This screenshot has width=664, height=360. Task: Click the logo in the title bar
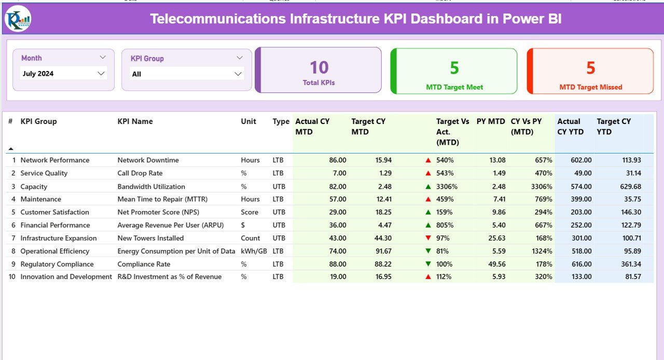click(18, 19)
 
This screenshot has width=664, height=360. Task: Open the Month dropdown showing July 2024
click(64, 74)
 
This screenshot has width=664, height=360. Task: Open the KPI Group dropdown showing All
click(187, 74)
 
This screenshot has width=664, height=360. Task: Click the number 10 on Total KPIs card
click(319, 67)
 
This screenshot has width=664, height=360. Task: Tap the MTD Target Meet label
click(454, 87)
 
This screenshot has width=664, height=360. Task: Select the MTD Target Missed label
click(590, 87)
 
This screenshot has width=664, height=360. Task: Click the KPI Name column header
click(135, 121)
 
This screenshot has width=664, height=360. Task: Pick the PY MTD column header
click(490, 121)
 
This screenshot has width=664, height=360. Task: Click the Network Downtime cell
click(148, 160)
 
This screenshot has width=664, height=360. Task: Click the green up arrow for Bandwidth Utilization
click(428, 186)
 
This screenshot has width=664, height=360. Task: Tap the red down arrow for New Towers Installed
click(428, 238)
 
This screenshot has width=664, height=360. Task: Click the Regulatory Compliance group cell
click(57, 264)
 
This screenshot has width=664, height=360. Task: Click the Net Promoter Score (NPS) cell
click(158, 212)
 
